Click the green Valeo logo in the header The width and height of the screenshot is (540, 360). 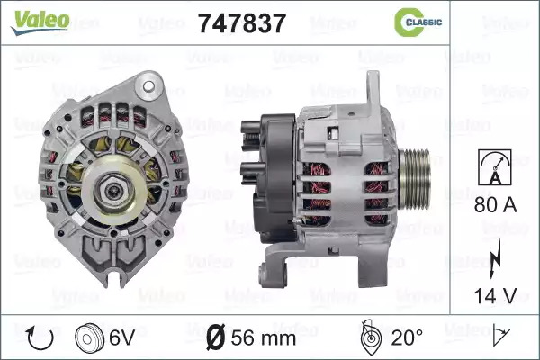(x=40, y=22)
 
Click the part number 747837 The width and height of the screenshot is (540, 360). (x=242, y=23)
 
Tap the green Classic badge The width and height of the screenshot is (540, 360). (x=418, y=22)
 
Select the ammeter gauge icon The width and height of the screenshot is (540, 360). (x=495, y=167)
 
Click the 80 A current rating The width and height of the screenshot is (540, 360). (x=496, y=204)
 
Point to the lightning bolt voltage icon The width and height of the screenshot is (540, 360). (x=495, y=259)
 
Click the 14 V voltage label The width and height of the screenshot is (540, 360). (x=496, y=296)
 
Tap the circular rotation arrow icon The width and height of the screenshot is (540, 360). (x=40, y=338)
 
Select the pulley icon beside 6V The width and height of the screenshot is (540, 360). (x=89, y=337)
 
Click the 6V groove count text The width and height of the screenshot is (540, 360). (x=121, y=337)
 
